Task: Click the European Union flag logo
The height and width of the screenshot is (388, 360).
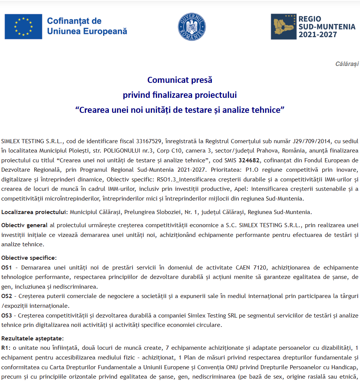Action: pyautogui.click(x=23, y=26)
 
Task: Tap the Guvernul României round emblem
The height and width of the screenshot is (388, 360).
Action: pyautogui.click(x=192, y=26)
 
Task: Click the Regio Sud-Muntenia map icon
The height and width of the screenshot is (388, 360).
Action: pyautogui.click(x=283, y=27)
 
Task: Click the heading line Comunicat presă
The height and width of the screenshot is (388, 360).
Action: pyautogui.click(x=180, y=80)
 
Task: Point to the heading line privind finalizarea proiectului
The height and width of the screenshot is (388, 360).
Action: pyautogui.click(x=180, y=95)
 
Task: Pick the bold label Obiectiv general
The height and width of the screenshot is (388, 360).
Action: pyautogui.click(x=24, y=225)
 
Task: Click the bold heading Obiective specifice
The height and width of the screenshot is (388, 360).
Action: pyautogui.click(x=29, y=258)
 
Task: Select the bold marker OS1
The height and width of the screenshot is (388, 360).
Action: pyautogui.click(x=7, y=267)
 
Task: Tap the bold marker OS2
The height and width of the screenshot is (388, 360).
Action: pyautogui.click(x=7, y=296)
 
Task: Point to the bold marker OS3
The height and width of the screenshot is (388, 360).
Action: pyautogui.click(x=7, y=315)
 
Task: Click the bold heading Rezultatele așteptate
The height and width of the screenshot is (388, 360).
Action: pyautogui.click(x=32, y=338)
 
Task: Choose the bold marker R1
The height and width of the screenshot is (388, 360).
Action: pyautogui.click(x=5, y=348)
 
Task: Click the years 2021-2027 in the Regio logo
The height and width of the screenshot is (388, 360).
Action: pyautogui.click(x=317, y=35)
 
